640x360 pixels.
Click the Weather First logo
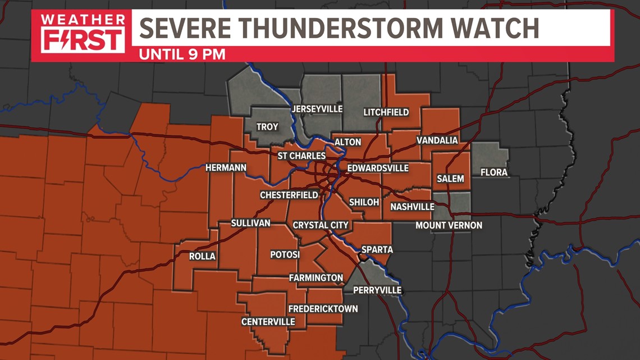point(82,33)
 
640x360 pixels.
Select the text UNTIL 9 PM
point(182,54)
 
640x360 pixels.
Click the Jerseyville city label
point(317,109)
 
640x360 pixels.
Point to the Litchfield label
point(386,112)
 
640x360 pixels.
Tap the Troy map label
point(267,127)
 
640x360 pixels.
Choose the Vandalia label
point(437,140)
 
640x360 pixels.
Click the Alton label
point(348,142)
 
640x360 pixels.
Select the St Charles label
point(302,156)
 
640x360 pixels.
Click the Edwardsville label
point(378,168)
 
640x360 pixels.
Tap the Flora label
point(493,172)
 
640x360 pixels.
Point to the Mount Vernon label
point(449,226)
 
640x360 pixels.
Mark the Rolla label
point(202,257)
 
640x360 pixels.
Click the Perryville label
point(377,290)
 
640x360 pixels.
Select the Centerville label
point(268,322)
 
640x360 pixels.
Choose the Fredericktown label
point(323,309)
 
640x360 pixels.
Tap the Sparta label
point(377,249)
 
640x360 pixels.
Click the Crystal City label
point(321,225)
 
